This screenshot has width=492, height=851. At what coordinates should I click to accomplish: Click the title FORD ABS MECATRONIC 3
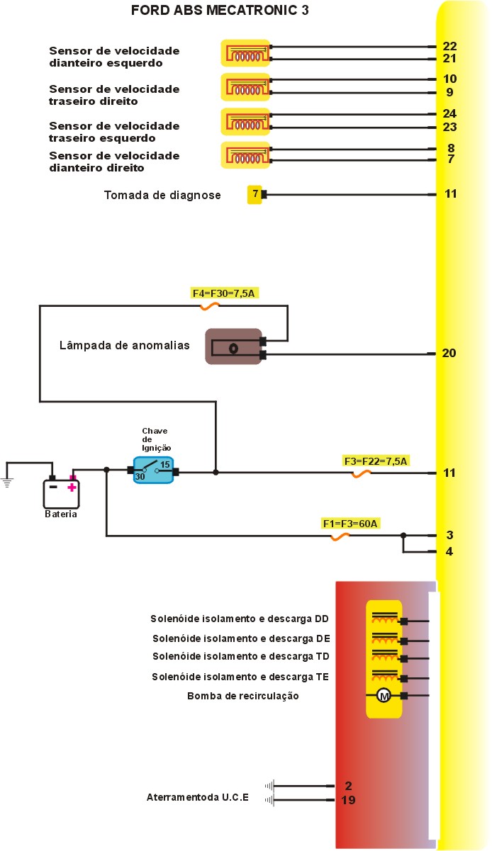[220, 11]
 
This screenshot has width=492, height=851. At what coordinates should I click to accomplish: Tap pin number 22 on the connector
[449, 46]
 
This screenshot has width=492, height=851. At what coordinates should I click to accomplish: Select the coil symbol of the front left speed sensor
[245, 55]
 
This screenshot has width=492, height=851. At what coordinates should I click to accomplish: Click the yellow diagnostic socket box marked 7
[255, 194]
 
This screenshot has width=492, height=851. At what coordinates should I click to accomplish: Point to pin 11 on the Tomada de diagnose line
[450, 193]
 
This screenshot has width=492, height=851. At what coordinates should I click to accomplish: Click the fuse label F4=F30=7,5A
[223, 292]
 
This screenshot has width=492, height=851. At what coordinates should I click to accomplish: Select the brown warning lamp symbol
[233, 347]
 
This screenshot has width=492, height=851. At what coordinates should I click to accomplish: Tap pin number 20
[449, 353]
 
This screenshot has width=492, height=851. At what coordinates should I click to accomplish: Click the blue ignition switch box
[153, 470]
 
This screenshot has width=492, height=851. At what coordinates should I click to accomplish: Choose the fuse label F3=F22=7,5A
[375, 461]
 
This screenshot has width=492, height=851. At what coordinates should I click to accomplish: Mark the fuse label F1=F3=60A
[351, 524]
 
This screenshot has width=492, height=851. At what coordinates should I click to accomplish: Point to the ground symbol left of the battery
[8, 483]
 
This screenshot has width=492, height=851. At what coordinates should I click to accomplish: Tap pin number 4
[449, 551]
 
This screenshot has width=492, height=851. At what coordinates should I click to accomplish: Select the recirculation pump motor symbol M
[384, 696]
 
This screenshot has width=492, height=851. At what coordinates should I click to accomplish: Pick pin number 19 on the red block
[348, 800]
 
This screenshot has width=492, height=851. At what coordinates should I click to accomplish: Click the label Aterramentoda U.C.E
[197, 797]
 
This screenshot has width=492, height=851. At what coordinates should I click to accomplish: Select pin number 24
[449, 113]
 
